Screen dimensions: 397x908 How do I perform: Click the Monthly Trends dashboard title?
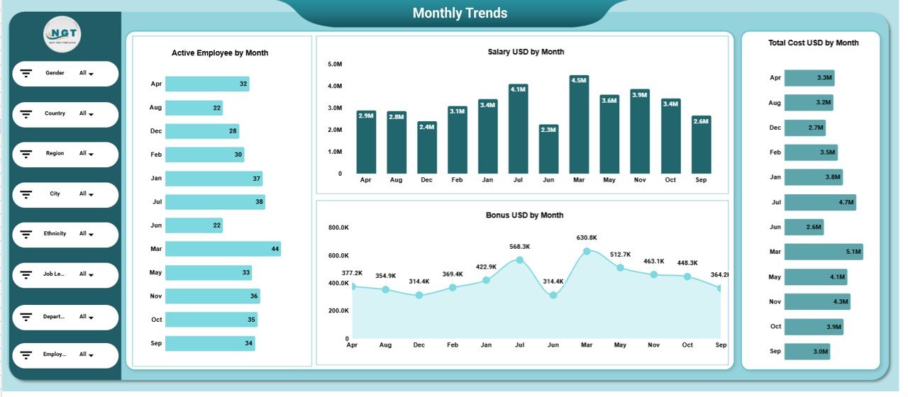[x=460, y=13]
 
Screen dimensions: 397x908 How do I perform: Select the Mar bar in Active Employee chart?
[x=223, y=249]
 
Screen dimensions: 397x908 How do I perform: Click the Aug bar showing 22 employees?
[x=194, y=108]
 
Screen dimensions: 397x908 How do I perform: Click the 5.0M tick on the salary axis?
[x=335, y=65]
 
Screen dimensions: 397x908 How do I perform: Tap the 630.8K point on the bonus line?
[x=587, y=251]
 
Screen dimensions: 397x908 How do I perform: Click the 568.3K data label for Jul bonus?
[x=519, y=247]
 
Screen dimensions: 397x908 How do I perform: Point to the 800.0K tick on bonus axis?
[x=338, y=228]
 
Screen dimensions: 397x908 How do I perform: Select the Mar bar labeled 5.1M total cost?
[x=824, y=252]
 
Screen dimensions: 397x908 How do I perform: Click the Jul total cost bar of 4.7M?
[x=820, y=202]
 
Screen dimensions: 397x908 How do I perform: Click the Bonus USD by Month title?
[x=524, y=215]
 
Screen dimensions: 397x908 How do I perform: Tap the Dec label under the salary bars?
[x=426, y=181]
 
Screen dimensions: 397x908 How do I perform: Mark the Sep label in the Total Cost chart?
[x=775, y=351]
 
